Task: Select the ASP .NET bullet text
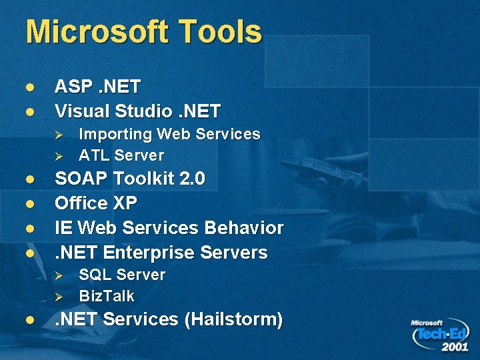pyautogui.click(x=97, y=87)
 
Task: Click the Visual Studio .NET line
pyautogui.click(x=137, y=110)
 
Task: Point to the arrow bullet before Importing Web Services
pyautogui.click(x=59, y=135)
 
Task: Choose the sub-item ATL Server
pyautogui.click(x=121, y=155)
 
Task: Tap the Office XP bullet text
pyautogui.click(x=95, y=203)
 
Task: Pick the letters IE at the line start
pyautogui.click(x=63, y=228)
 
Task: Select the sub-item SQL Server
pyautogui.click(x=122, y=275)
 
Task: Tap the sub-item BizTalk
pyautogui.click(x=107, y=296)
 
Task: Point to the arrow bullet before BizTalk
pyautogui.click(x=59, y=296)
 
